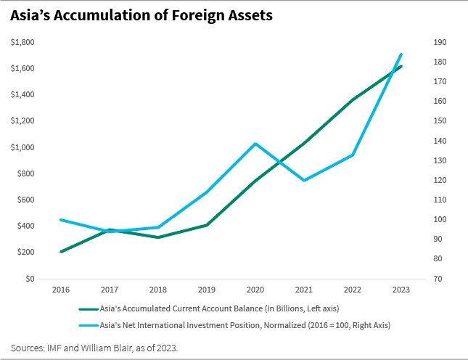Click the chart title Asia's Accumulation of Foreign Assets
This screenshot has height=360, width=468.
point(141,15)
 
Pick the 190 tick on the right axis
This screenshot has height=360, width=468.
point(439,42)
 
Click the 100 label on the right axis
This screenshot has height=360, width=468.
point(439,219)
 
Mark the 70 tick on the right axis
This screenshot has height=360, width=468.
point(438,279)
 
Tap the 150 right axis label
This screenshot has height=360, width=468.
point(439,121)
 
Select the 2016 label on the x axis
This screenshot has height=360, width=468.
point(61,290)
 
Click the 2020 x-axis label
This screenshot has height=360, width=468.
point(255,290)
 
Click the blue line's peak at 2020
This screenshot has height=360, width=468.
point(255,144)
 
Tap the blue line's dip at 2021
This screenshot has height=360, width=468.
point(304,180)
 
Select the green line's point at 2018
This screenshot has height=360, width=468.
point(158,237)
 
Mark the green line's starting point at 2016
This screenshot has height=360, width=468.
point(61,252)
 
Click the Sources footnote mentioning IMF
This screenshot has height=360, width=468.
point(94,348)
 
